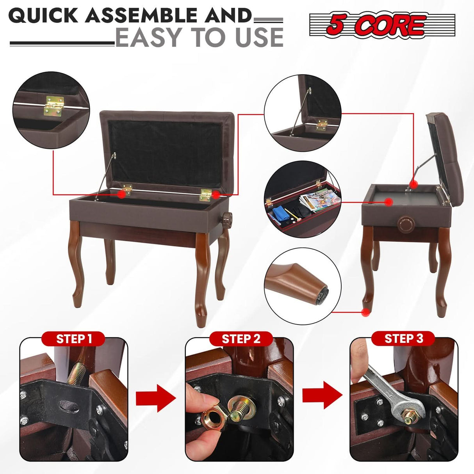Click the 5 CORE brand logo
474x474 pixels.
(382, 25)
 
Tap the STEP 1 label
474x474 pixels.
(74, 339)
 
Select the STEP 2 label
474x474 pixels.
(241, 339)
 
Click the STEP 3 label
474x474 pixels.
(403, 338)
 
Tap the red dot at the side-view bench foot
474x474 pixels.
(365, 312)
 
